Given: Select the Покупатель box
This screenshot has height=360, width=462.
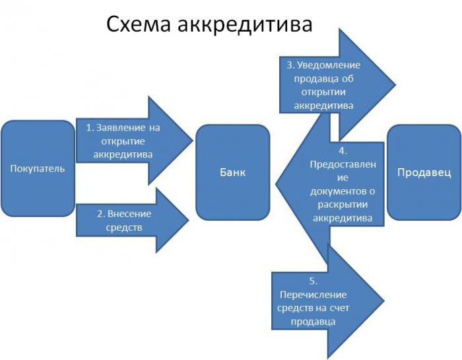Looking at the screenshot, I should [x=38, y=168].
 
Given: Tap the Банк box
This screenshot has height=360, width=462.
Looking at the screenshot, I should [x=232, y=172].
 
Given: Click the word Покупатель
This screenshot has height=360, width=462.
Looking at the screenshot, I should [x=38, y=168].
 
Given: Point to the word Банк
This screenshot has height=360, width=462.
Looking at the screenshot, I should [x=232, y=172].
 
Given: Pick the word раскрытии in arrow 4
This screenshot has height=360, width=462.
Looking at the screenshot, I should [x=343, y=204].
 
